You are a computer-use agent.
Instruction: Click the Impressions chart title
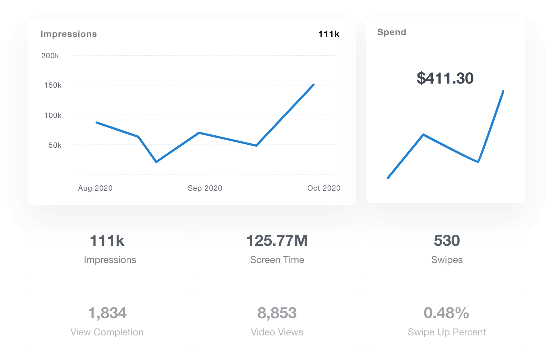pyautogui.click(x=69, y=34)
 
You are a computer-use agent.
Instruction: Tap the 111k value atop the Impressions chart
pyautogui.click(x=329, y=34)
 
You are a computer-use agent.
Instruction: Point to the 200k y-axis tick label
pyautogui.click(x=50, y=56)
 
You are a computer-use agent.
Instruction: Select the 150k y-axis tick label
pyautogui.click(x=53, y=85)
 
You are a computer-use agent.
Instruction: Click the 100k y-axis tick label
pyautogui.click(x=53, y=115)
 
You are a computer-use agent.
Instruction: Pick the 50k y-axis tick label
pyautogui.click(x=55, y=145)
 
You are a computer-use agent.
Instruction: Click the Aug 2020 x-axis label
pyautogui.click(x=95, y=188)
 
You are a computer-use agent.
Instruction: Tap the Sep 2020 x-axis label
pyautogui.click(x=205, y=188)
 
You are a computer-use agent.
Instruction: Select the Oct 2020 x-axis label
pyautogui.click(x=324, y=188)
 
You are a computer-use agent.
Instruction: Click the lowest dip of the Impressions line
pyautogui.click(x=156, y=162)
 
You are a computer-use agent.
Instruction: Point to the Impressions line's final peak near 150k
pyautogui.click(x=313, y=85)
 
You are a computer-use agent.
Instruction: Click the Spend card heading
pyautogui.click(x=392, y=32)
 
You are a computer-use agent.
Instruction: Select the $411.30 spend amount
pyautogui.click(x=445, y=78)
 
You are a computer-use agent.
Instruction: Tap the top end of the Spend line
pyautogui.click(x=503, y=91)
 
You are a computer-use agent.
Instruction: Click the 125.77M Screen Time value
pyautogui.click(x=277, y=241)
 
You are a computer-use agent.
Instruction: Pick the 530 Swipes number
pyautogui.click(x=447, y=241)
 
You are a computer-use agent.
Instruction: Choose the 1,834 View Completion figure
pyautogui.click(x=107, y=313)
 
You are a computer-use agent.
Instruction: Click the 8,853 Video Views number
pyautogui.click(x=277, y=313)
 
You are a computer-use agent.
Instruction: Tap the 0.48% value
pyautogui.click(x=446, y=313)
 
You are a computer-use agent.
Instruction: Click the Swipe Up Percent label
pyautogui.click(x=447, y=332)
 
